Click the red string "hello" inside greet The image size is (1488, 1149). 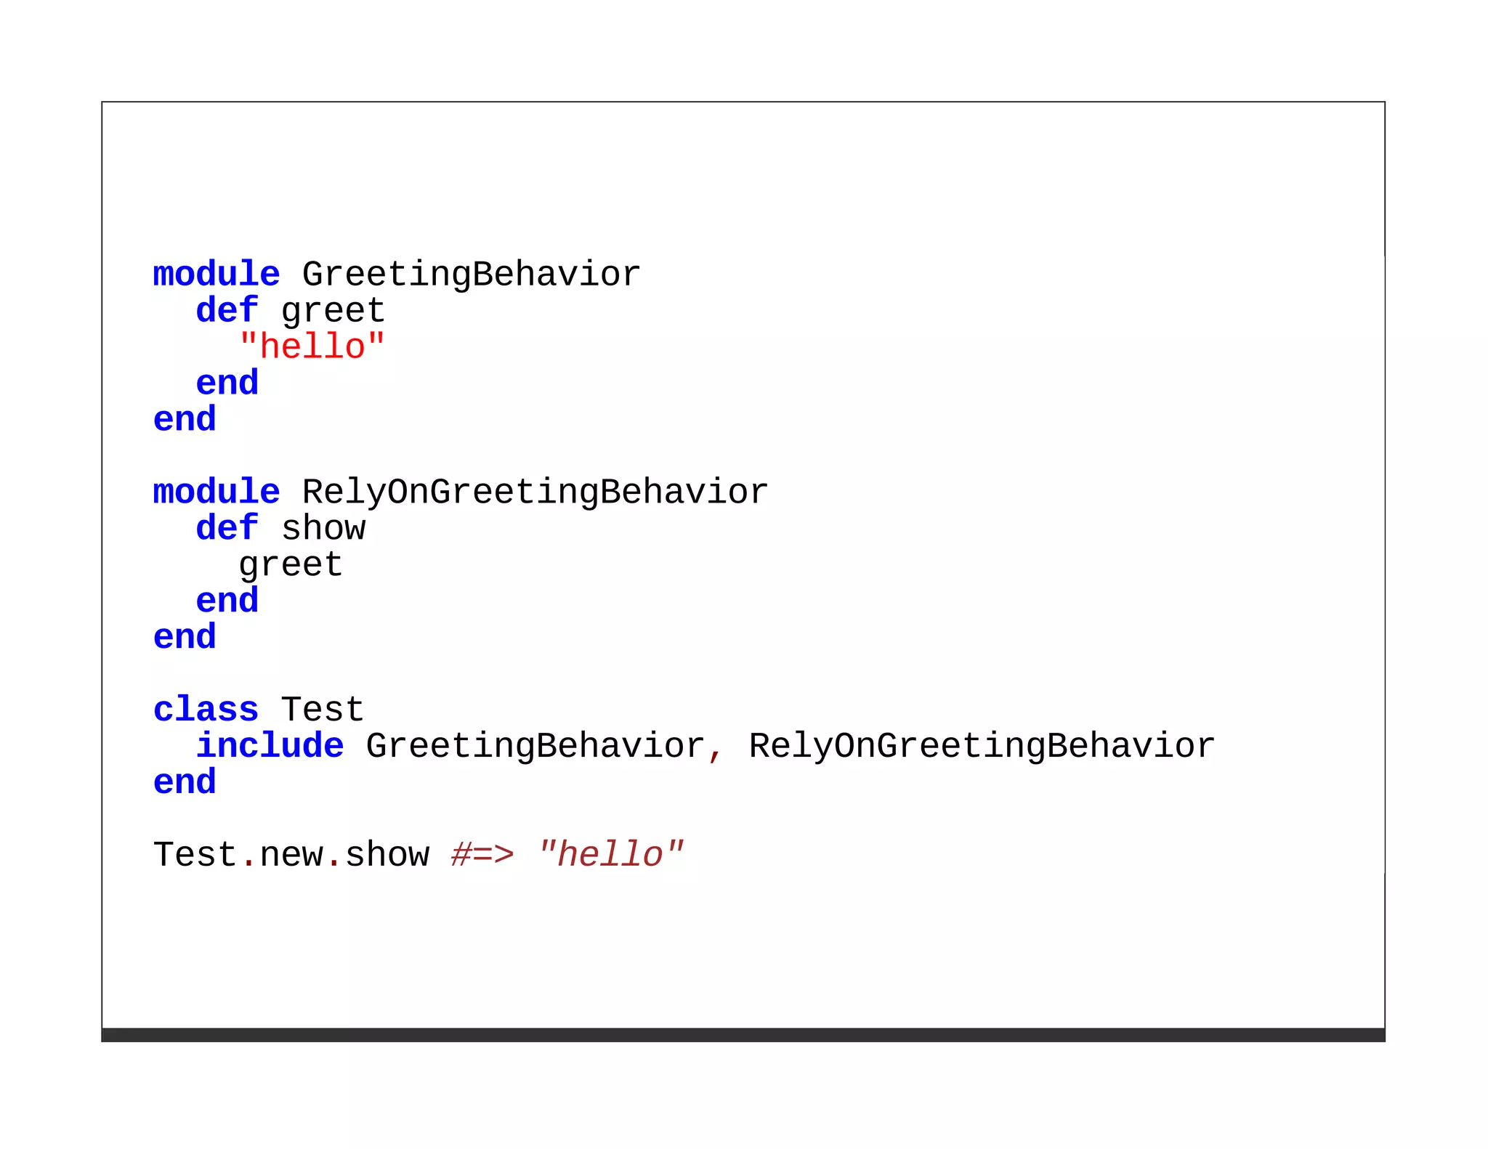point(312,346)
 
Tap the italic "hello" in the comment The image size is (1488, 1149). point(610,855)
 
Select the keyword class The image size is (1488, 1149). point(206,710)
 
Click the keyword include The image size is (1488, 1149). point(270,746)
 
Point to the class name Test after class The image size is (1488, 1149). point(322,710)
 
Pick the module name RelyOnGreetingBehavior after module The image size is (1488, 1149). point(535,492)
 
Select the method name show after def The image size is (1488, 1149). point(323,528)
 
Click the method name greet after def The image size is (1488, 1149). point(333,312)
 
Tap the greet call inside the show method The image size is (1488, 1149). point(291,565)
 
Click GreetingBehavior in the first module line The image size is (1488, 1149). point(471,275)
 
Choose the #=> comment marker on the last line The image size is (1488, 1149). point(482,855)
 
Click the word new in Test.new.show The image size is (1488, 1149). point(291,855)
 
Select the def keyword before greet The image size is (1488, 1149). point(227,310)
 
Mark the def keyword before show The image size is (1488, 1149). point(227,528)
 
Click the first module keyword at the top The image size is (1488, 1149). point(216,275)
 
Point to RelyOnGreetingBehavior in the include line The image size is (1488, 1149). point(982,746)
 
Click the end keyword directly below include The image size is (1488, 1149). point(185,782)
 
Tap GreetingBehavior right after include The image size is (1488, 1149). point(535,746)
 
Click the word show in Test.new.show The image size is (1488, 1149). point(387,855)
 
